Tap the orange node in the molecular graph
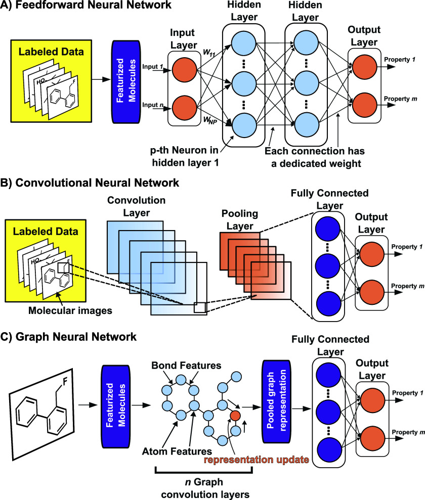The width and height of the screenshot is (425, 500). [x=234, y=416]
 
